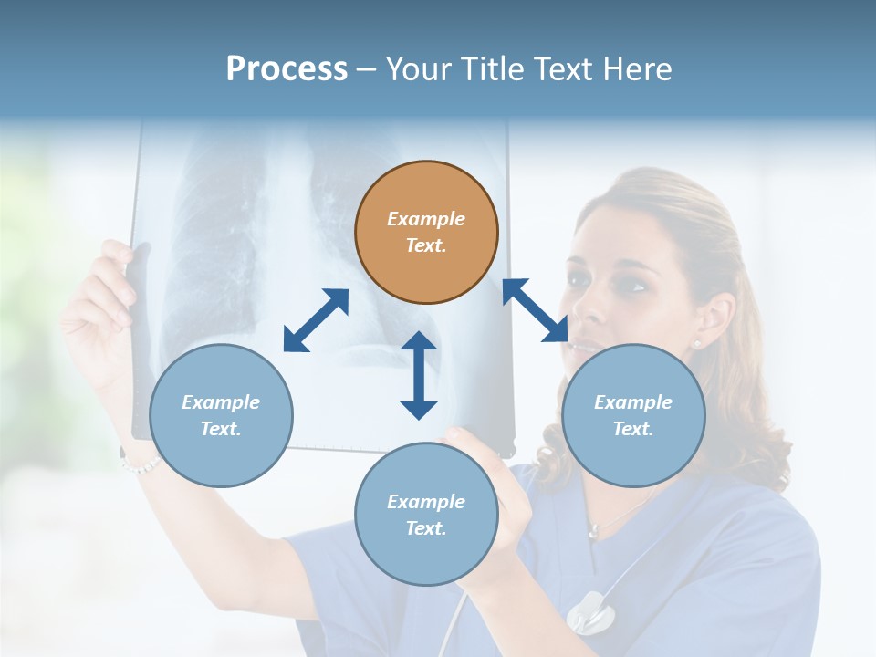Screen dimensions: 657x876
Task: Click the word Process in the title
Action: point(287,69)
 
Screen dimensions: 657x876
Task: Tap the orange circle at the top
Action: point(426,233)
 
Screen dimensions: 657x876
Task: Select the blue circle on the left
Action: point(221,415)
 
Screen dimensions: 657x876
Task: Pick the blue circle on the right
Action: point(633,415)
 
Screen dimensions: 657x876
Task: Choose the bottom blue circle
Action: point(426,515)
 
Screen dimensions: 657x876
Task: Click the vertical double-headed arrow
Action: point(419,375)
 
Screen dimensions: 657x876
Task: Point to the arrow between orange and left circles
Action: point(316,320)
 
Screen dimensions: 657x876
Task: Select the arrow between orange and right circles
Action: point(535,310)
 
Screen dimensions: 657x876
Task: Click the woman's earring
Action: point(698,344)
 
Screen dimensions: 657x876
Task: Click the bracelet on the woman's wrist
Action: point(140,465)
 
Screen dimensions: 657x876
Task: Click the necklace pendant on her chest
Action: point(594,530)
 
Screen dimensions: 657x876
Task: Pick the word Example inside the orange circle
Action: point(426,219)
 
